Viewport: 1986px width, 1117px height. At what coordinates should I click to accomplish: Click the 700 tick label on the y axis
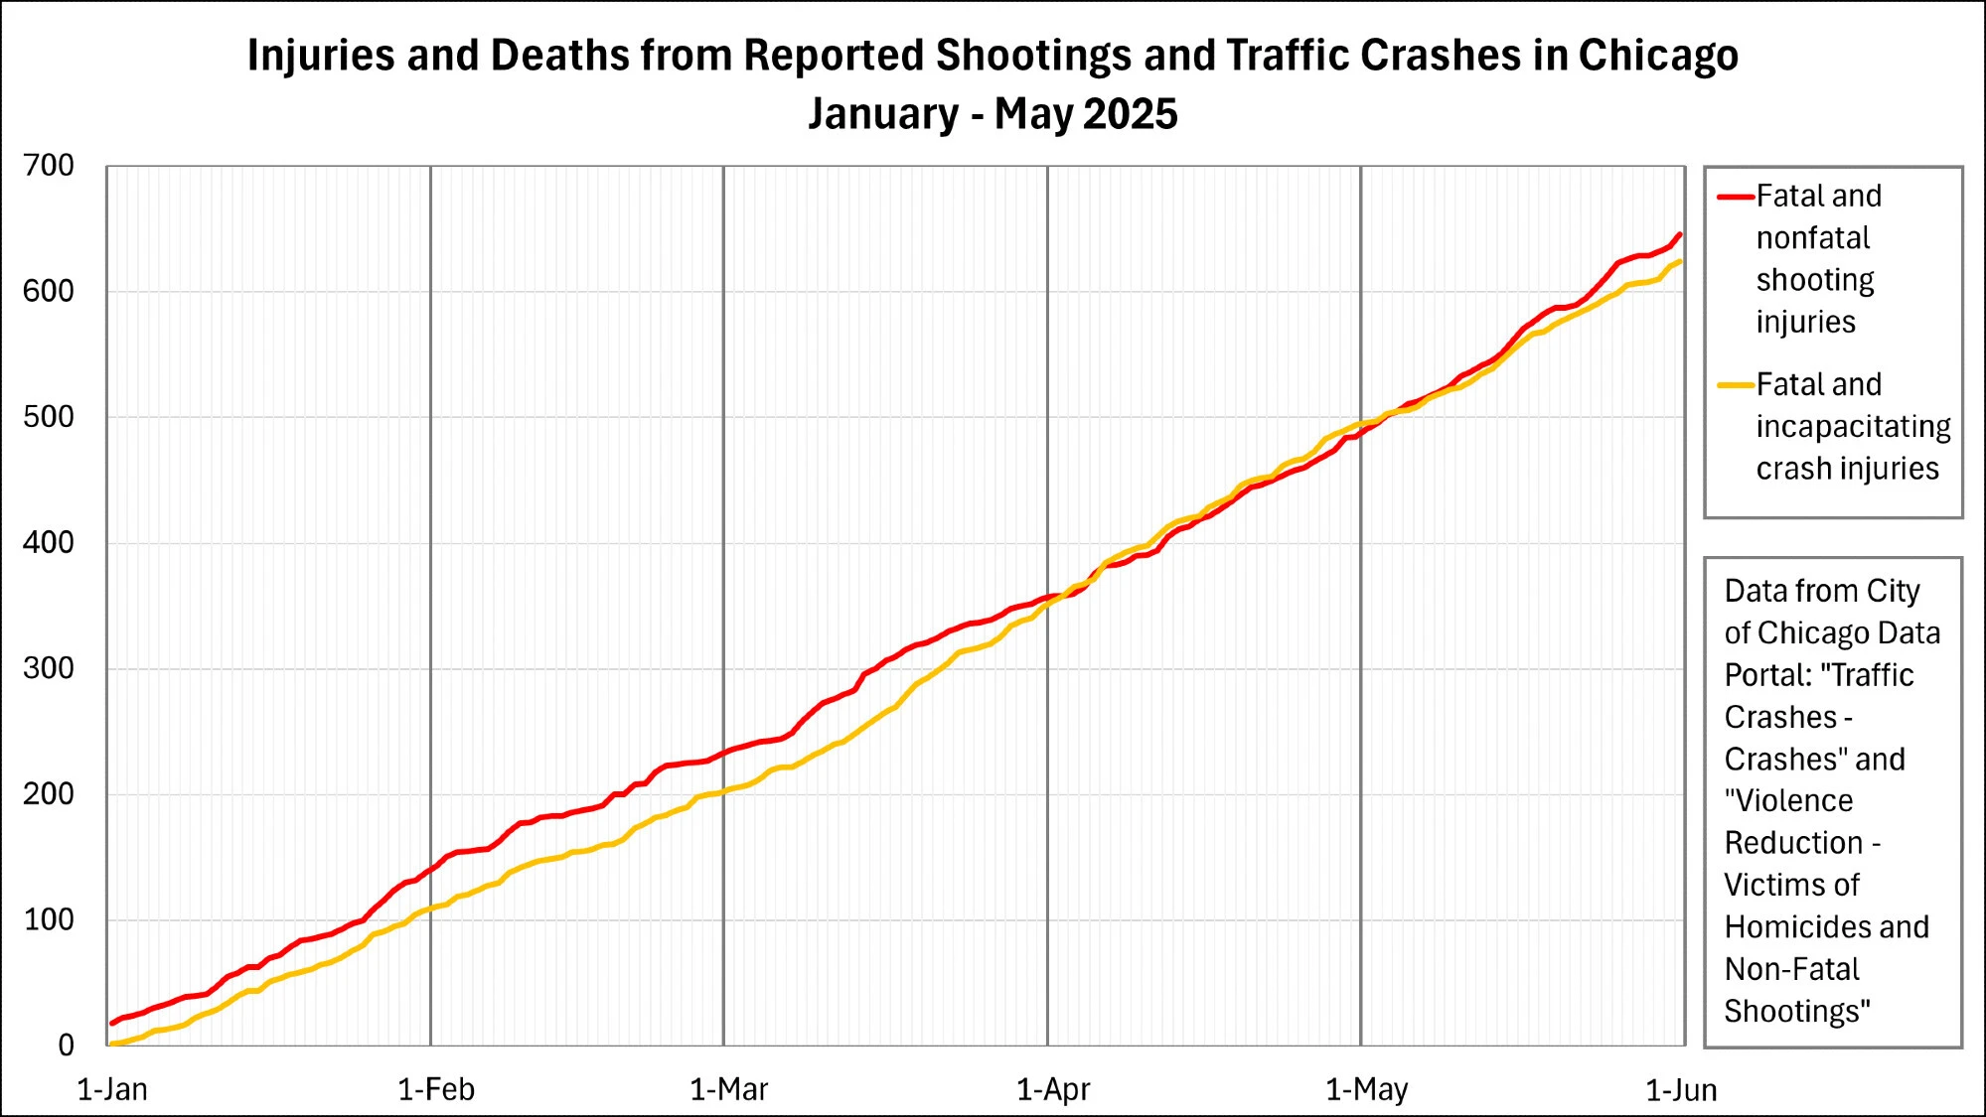[49, 166]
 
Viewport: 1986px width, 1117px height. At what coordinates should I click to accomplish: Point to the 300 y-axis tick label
[49, 668]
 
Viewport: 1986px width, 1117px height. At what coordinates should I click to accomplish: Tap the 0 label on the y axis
[66, 1045]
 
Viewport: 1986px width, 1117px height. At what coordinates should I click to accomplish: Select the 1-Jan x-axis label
[112, 1090]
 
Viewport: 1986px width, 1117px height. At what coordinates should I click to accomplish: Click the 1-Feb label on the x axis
[436, 1090]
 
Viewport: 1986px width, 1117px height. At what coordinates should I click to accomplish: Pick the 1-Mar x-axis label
[729, 1090]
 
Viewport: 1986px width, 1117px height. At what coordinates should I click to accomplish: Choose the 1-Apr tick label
[1053, 1090]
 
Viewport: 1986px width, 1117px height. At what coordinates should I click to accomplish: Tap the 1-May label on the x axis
[1367, 1090]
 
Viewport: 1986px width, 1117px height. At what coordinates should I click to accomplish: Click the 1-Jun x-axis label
[1681, 1090]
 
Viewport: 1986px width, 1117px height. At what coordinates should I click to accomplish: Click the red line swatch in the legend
[1736, 197]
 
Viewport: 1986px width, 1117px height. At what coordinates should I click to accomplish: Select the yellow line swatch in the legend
[1736, 385]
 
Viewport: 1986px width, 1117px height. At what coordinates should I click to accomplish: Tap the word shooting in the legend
[1815, 280]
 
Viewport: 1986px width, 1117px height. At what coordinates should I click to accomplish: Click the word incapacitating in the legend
[1853, 427]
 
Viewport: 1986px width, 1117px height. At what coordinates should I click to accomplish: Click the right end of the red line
[1680, 234]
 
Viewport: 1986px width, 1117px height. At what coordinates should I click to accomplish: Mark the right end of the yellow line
[1680, 261]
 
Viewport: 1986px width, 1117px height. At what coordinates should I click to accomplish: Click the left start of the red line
[111, 1023]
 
